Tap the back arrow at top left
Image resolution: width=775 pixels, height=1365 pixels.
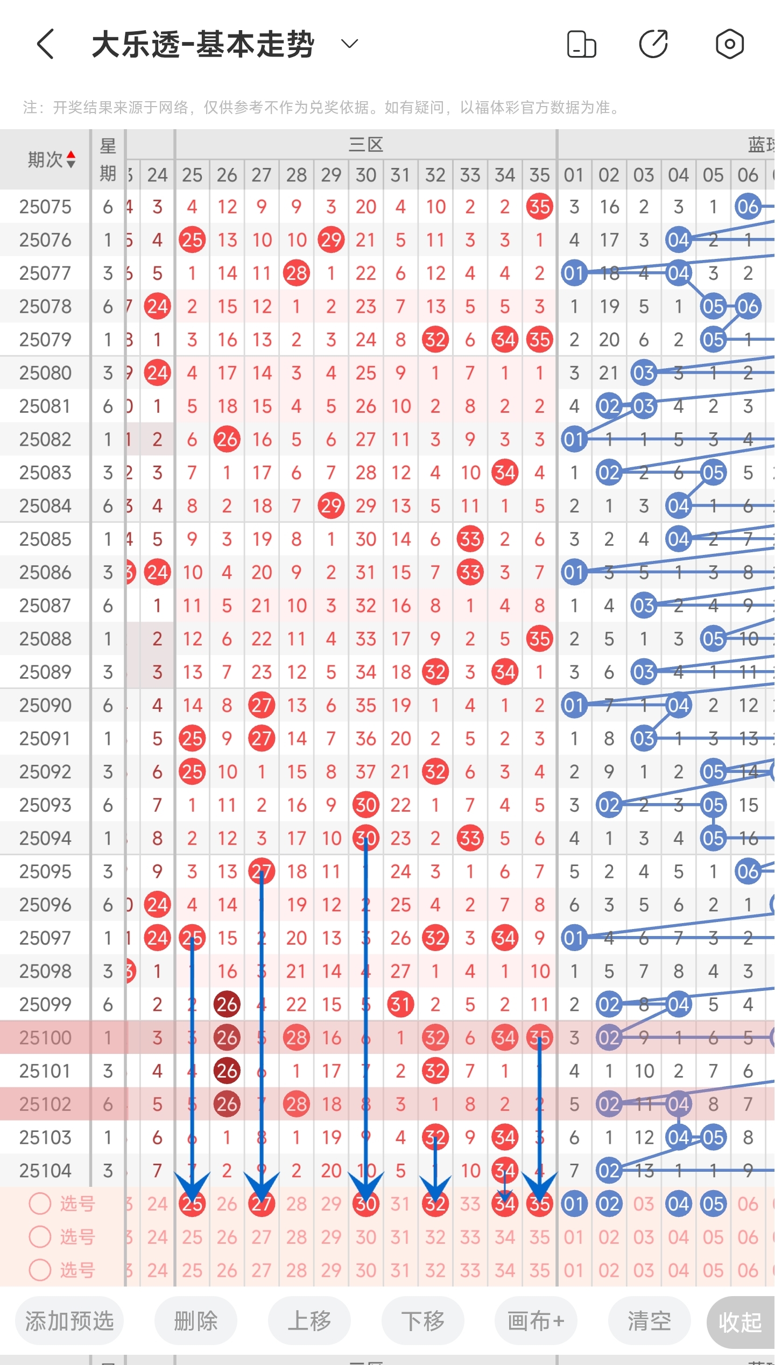pos(46,44)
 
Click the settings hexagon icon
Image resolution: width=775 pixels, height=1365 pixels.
pos(729,44)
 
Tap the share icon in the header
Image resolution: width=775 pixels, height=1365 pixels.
pos(653,44)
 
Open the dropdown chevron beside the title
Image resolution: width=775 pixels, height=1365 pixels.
pos(350,44)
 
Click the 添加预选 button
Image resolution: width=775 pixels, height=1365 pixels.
pos(69,1321)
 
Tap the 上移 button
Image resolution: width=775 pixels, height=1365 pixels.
pos(309,1321)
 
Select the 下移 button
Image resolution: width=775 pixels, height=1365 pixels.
pos(423,1321)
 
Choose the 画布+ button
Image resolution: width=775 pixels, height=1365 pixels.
pos(536,1321)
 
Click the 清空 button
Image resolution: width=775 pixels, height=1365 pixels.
pos(650,1321)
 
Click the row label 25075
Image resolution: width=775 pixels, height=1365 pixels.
pos(45,207)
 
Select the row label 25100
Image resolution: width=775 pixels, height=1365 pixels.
pos(45,1037)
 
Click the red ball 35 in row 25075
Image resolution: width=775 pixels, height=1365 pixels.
pos(540,207)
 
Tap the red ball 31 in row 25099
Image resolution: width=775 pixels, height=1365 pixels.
pos(400,1004)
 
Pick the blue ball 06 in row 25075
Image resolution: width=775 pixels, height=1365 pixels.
pos(748,207)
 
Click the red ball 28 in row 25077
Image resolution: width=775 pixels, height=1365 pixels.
pos(297,273)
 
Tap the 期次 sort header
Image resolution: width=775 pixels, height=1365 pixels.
pos(51,159)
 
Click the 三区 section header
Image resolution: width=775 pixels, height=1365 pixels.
pos(366,144)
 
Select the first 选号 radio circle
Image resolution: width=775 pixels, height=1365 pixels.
pos(40,1204)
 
